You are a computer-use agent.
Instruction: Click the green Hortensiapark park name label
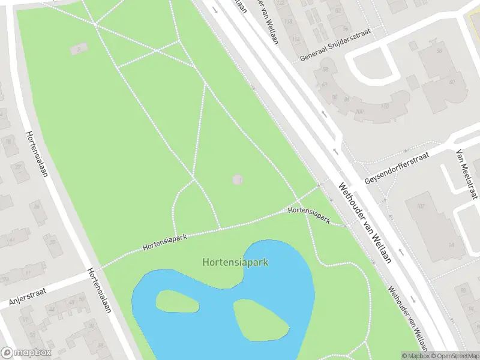[235, 262]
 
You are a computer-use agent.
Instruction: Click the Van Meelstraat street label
[467, 174]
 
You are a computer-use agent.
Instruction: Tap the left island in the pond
[177, 301]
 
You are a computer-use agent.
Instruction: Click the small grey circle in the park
[238, 179]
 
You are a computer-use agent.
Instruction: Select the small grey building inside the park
[78, 48]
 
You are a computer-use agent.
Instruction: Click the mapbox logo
[26, 353]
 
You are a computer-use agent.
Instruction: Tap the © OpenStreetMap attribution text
[453, 356]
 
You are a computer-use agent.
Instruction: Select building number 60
[452, 82]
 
